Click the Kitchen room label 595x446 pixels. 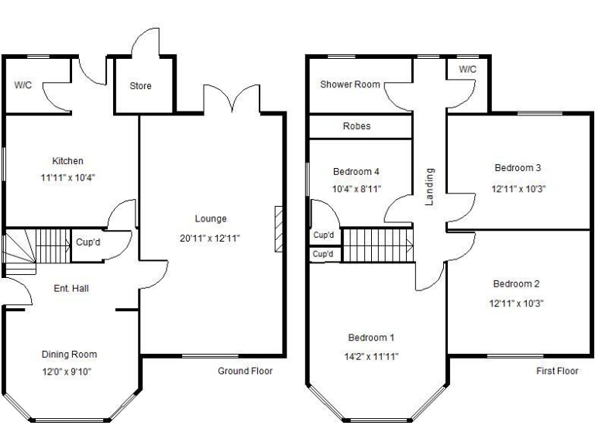[67, 161]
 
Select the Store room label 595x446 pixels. [140, 86]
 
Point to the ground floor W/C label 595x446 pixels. [22, 85]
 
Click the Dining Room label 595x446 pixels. [69, 355]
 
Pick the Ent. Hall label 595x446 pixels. [71, 289]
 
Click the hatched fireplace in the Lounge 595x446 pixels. [278, 229]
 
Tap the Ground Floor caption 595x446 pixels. [245, 371]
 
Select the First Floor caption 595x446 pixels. [557, 371]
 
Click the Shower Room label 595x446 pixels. [350, 84]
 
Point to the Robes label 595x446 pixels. [356, 126]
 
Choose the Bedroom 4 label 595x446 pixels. [356, 172]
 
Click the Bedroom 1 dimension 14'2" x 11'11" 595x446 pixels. [371, 357]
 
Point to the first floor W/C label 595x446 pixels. [467, 70]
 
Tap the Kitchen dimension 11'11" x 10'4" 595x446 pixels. [67, 177]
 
